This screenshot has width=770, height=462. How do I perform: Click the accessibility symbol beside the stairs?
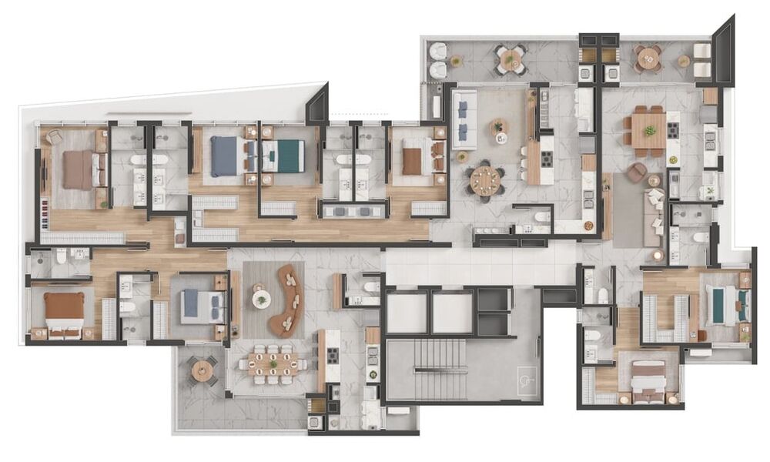point(527,385)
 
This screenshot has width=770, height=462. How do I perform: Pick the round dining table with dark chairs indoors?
point(486,181)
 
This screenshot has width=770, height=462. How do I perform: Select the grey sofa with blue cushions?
point(464,119)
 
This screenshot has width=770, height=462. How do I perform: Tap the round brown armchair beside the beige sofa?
point(636,172)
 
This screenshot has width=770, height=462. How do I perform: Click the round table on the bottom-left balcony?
point(203,371)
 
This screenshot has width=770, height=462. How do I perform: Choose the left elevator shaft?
point(407,313)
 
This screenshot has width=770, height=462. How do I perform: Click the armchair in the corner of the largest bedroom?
point(53,137)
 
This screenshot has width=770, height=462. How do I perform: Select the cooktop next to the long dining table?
point(333,356)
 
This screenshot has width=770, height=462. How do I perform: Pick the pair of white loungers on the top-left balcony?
point(438,60)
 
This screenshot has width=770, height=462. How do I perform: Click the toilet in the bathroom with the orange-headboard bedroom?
point(62,255)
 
